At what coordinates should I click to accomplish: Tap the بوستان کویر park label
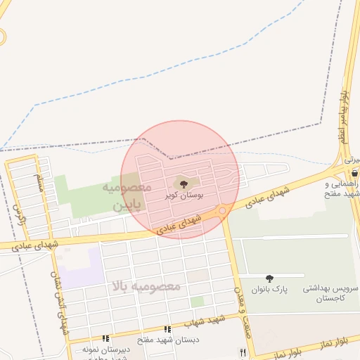pos(188,195)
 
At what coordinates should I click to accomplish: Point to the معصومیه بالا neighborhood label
pos(146,286)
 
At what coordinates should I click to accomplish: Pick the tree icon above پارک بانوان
pos(270,279)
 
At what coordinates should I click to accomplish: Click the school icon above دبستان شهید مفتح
pos(167,329)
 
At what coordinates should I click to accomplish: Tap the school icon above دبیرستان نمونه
pos(105,338)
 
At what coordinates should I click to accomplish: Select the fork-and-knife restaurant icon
pos(243,352)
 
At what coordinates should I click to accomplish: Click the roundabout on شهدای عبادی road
pos(222,210)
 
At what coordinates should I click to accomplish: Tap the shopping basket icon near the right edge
pos(354,172)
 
